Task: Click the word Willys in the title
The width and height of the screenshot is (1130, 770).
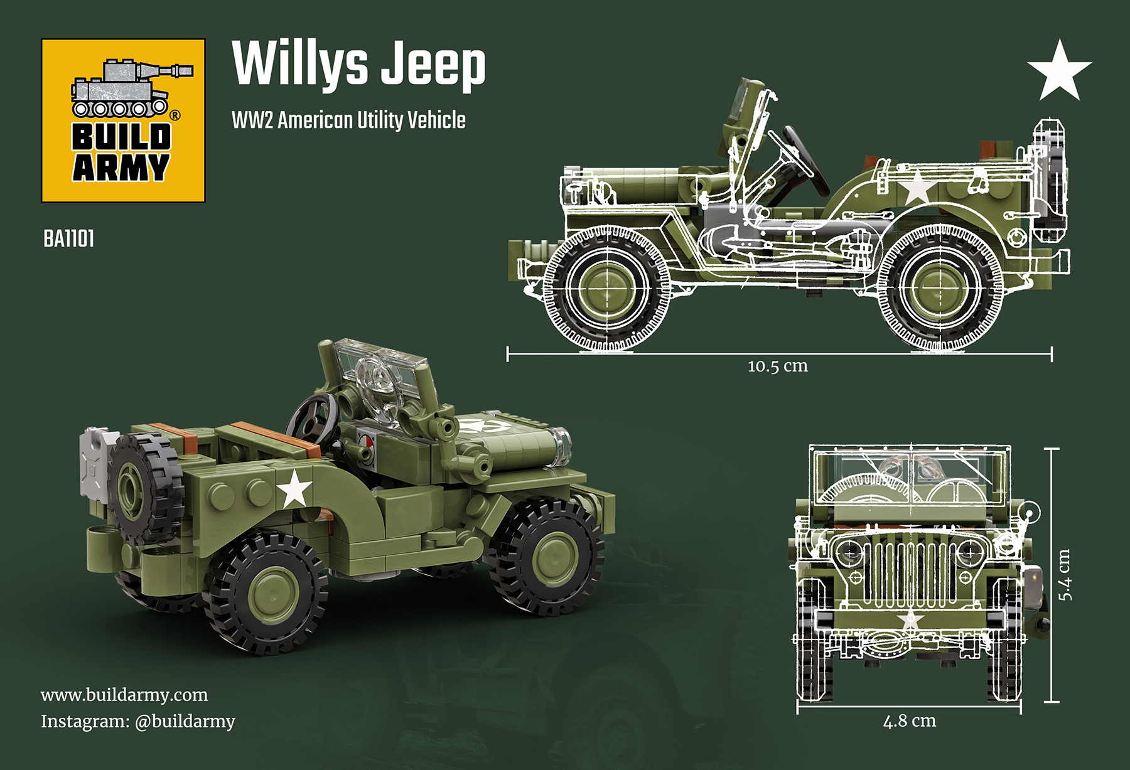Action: point(300,65)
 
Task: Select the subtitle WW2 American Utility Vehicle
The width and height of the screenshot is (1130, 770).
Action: point(348,120)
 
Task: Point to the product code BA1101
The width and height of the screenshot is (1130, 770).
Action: point(69,239)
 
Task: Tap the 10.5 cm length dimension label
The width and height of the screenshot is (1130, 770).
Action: point(777,366)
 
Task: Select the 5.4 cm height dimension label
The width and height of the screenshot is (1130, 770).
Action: point(1065,574)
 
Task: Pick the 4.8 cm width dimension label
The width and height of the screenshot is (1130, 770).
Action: point(909,721)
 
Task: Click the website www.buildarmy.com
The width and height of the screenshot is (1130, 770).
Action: point(124,695)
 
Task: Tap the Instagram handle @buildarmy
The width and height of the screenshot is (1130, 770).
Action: point(185,722)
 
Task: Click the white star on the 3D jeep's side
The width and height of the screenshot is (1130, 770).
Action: point(294,489)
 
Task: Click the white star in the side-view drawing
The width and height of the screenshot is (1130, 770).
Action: point(916,188)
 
